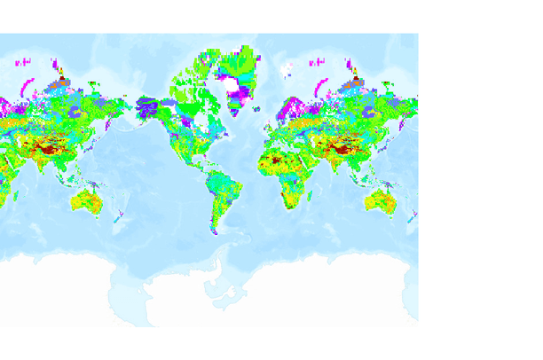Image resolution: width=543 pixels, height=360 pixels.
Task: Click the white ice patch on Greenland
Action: (237, 86)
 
